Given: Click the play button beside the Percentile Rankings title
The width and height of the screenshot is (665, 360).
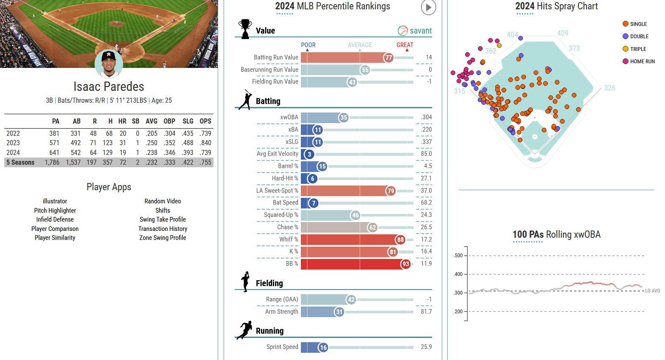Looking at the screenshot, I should click(428, 7).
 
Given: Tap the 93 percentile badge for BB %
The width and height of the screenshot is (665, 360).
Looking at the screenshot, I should click(406, 264).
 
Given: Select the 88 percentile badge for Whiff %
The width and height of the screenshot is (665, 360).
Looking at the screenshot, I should click(400, 240).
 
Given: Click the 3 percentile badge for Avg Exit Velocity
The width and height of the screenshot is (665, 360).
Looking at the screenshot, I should click(309, 154).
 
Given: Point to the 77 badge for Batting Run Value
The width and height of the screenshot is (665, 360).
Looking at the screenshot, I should click(388, 58).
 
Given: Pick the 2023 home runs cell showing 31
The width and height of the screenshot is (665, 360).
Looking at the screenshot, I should click(123, 143).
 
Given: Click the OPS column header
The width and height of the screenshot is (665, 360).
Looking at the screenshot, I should click(205, 121).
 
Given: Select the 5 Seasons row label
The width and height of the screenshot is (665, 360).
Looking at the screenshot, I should click(20, 163).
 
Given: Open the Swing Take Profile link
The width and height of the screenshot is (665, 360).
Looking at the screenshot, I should click(163, 219).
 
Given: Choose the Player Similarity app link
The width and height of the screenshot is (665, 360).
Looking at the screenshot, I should click(55, 238).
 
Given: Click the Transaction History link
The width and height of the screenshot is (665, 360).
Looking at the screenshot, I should click(163, 229).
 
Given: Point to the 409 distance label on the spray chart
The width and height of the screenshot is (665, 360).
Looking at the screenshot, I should click(563, 33).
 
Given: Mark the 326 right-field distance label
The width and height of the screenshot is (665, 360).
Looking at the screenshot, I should click(609, 88).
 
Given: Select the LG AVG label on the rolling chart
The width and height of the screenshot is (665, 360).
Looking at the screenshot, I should click(652, 291).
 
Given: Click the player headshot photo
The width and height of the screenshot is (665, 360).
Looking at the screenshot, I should click(109, 64).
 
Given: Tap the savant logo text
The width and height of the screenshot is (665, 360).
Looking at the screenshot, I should click(420, 31).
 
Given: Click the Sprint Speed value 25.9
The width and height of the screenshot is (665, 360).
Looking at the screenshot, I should click(426, 347).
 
